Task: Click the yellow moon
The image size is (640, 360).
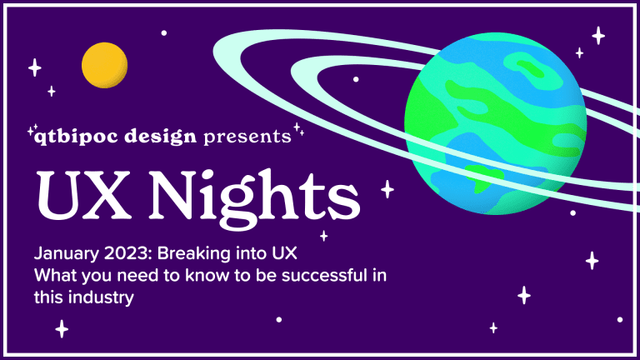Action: (x=104, y=65)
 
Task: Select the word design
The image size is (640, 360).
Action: (x=160, y=137)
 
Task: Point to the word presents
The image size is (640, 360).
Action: (x=247, y=137)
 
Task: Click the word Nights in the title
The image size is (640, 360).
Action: (x=254, y=198)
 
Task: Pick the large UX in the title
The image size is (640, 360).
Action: (x=84, y=195)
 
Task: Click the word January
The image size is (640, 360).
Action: (x=67, y=254)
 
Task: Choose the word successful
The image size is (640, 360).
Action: (x=324, y=276)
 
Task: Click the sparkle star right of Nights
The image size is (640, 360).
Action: (x=387, y=189)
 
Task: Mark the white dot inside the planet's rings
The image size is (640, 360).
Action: (x=356, y=79)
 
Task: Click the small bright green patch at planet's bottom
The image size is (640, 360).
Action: (x=484, y=177)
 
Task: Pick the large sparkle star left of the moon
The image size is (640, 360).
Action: (x=35, y=67)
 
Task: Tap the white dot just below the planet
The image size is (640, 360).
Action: (x=573, y=213)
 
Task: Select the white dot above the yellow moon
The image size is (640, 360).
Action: (x=164, y=33)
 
